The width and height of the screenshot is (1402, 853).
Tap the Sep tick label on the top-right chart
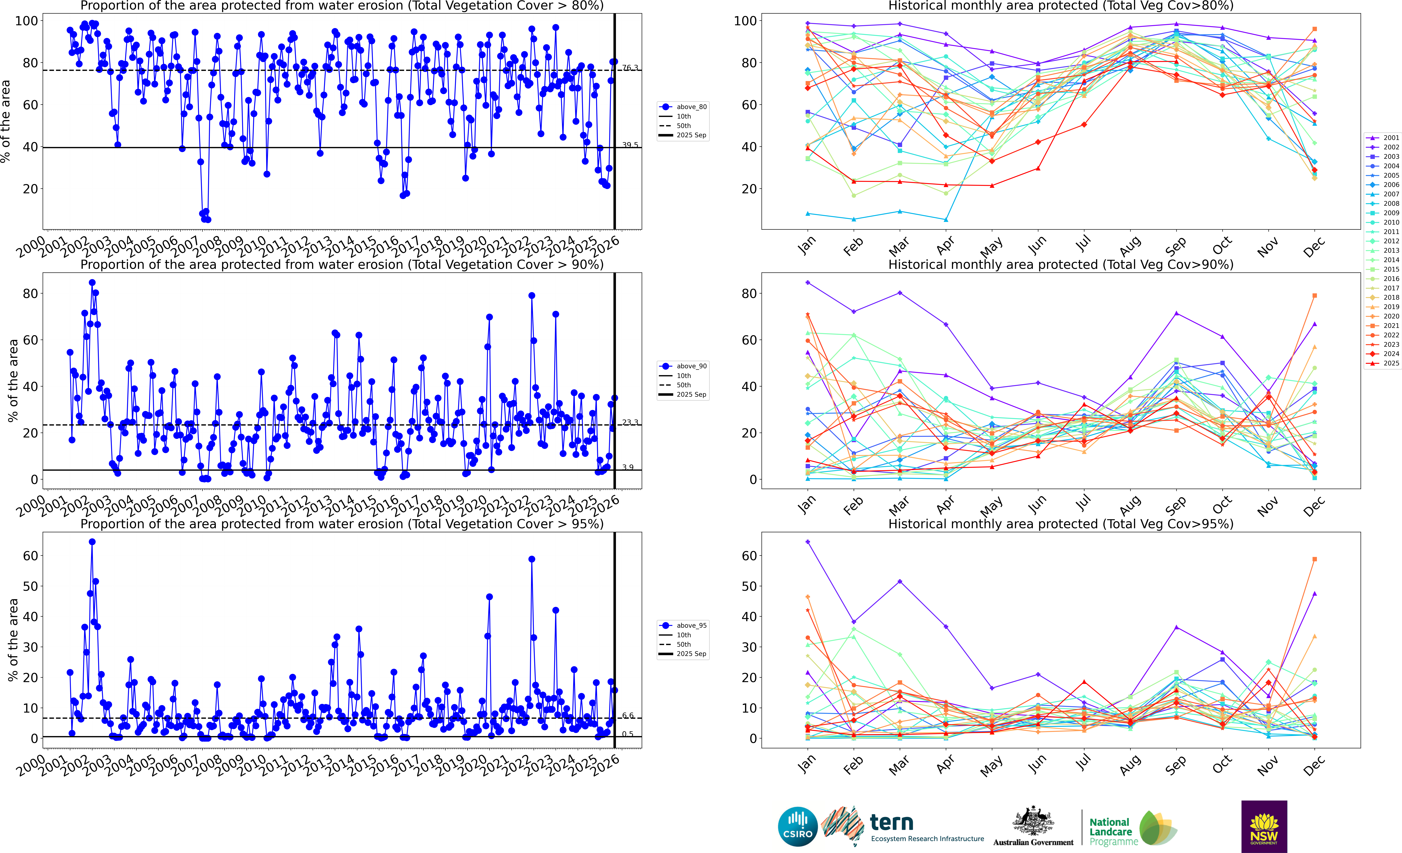1176,246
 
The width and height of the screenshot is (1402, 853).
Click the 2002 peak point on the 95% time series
92,542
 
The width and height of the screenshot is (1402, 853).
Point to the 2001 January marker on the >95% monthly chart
807,673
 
